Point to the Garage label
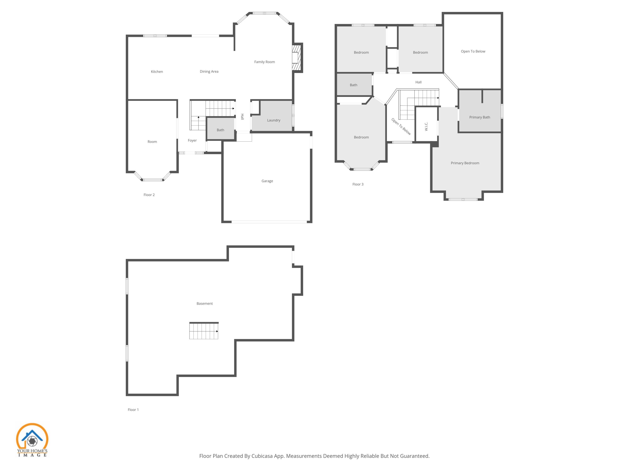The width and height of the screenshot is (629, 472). point(267,181)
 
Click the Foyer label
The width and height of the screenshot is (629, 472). point(192,141)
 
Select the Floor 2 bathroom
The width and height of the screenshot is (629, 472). point(220,130)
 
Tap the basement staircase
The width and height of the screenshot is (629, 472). point(204,331)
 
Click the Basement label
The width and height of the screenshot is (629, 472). point(204,304)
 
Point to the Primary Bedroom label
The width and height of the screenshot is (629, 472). point(465,163)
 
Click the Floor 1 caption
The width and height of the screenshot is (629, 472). point(133,410)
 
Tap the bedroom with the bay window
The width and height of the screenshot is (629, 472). point(361,137)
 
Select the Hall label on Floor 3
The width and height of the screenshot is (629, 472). point(418,82)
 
